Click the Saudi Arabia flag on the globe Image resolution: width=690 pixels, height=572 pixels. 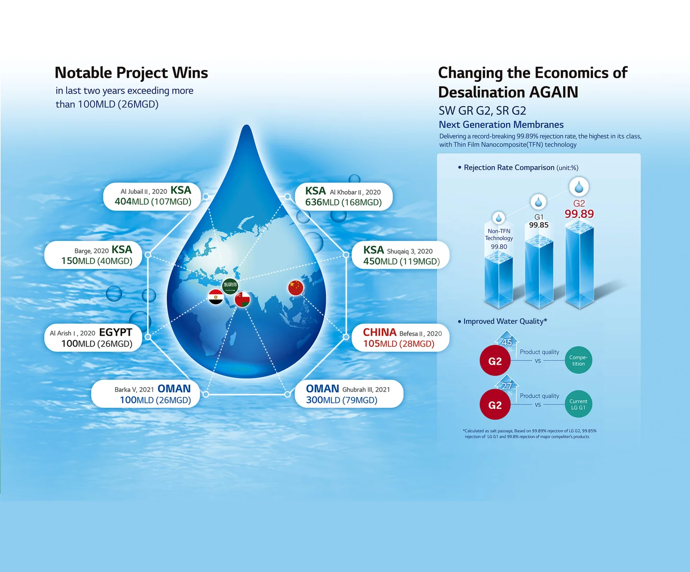[230, 286]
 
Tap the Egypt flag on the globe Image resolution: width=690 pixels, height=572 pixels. [216, 297]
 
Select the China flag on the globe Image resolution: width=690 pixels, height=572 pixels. [296, 287]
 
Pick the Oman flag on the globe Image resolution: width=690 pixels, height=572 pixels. [242, 299]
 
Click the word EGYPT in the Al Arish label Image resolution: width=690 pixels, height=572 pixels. [115, 333]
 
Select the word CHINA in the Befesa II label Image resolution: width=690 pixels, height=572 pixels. [379, 333]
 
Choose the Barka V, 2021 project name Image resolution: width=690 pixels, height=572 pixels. [134, 390]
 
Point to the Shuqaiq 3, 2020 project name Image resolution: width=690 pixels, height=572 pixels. [409, 251]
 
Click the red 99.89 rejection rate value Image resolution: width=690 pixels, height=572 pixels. [579, 214]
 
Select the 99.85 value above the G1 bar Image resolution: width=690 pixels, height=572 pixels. [539, 225]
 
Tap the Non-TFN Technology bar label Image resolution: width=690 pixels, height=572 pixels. [499, 235]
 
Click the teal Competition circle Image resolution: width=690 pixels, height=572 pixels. [578, 360]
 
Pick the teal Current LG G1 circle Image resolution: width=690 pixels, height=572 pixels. [578, 404]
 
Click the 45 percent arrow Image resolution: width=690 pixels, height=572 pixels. [507, 341]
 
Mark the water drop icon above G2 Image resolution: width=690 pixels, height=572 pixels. [579, 187]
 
